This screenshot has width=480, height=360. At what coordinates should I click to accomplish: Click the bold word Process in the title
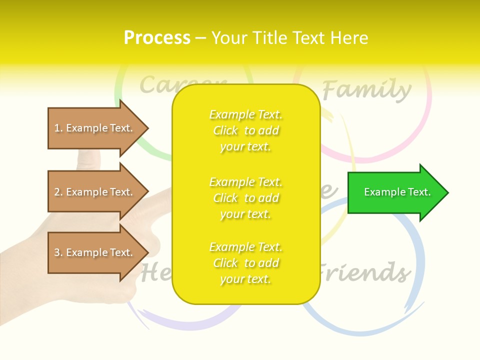(157, 37)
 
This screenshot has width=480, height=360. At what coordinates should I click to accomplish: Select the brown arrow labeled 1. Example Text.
(95, 128)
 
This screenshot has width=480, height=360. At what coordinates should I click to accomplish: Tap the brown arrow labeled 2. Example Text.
(95, 192)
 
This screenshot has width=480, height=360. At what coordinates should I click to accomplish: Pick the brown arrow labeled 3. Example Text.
(95, 252)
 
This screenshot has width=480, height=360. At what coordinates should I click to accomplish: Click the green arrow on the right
(395, 192)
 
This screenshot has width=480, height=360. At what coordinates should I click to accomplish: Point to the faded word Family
(366, 90)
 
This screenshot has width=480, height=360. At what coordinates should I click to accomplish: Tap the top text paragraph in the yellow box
(245, 130)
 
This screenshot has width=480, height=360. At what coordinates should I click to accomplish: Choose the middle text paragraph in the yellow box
(245, 198)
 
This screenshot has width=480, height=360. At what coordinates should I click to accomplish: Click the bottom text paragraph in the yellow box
(245, 263)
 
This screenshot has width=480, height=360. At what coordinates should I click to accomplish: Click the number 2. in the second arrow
(58, 192)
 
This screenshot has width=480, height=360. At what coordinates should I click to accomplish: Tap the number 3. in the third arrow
(58, 252)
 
